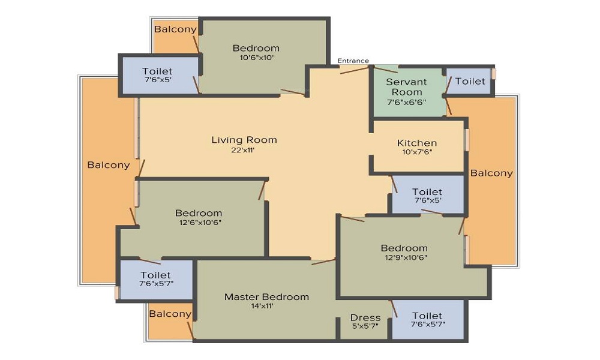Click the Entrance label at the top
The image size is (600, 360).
pyautogui.click(x=353, y=61)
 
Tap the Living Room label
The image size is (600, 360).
pyautogui.click(x=244, y=140)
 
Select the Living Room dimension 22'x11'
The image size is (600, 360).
pyautogui.click(x=243, y=151)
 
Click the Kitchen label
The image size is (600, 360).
pyautogui.click(x=417, y=143)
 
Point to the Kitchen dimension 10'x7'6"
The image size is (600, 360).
pyautogui.click(x=417, y=152)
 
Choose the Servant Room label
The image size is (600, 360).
pyautogui.click(x=406, y=87)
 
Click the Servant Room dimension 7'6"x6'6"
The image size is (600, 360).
pyautogui.click(x=406, y=102)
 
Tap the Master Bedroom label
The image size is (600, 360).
pyautogui.click(x=267, y=297)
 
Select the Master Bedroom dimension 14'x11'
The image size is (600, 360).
pyautogui.click(x=262, y=306)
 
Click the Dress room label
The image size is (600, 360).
pyautogui.click(x=365, y=318)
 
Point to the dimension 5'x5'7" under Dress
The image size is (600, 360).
pyautogui.click(x=365, y=326)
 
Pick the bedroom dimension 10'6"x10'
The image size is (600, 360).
pyautogui.click(x=256, y=58)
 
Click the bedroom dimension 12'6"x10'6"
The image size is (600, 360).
pyautogui.click(x=200, y=222)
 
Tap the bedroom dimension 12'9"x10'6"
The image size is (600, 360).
pyautogui.click(x=406, y=257)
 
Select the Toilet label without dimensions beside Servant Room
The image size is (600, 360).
pyautogui.click(x=470, y=81)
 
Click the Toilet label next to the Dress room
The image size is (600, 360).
pyautogui.click(x=427, y=316)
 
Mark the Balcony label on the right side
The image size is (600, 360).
pyautogui.click(x=491, y=173)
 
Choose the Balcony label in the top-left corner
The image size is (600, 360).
pyautogui.click(x=175, y=29)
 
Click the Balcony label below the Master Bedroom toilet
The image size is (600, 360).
pyautogui.click(x=170, y=314)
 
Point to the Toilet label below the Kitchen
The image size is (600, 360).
pyautogui.click(x=427, y=191)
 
